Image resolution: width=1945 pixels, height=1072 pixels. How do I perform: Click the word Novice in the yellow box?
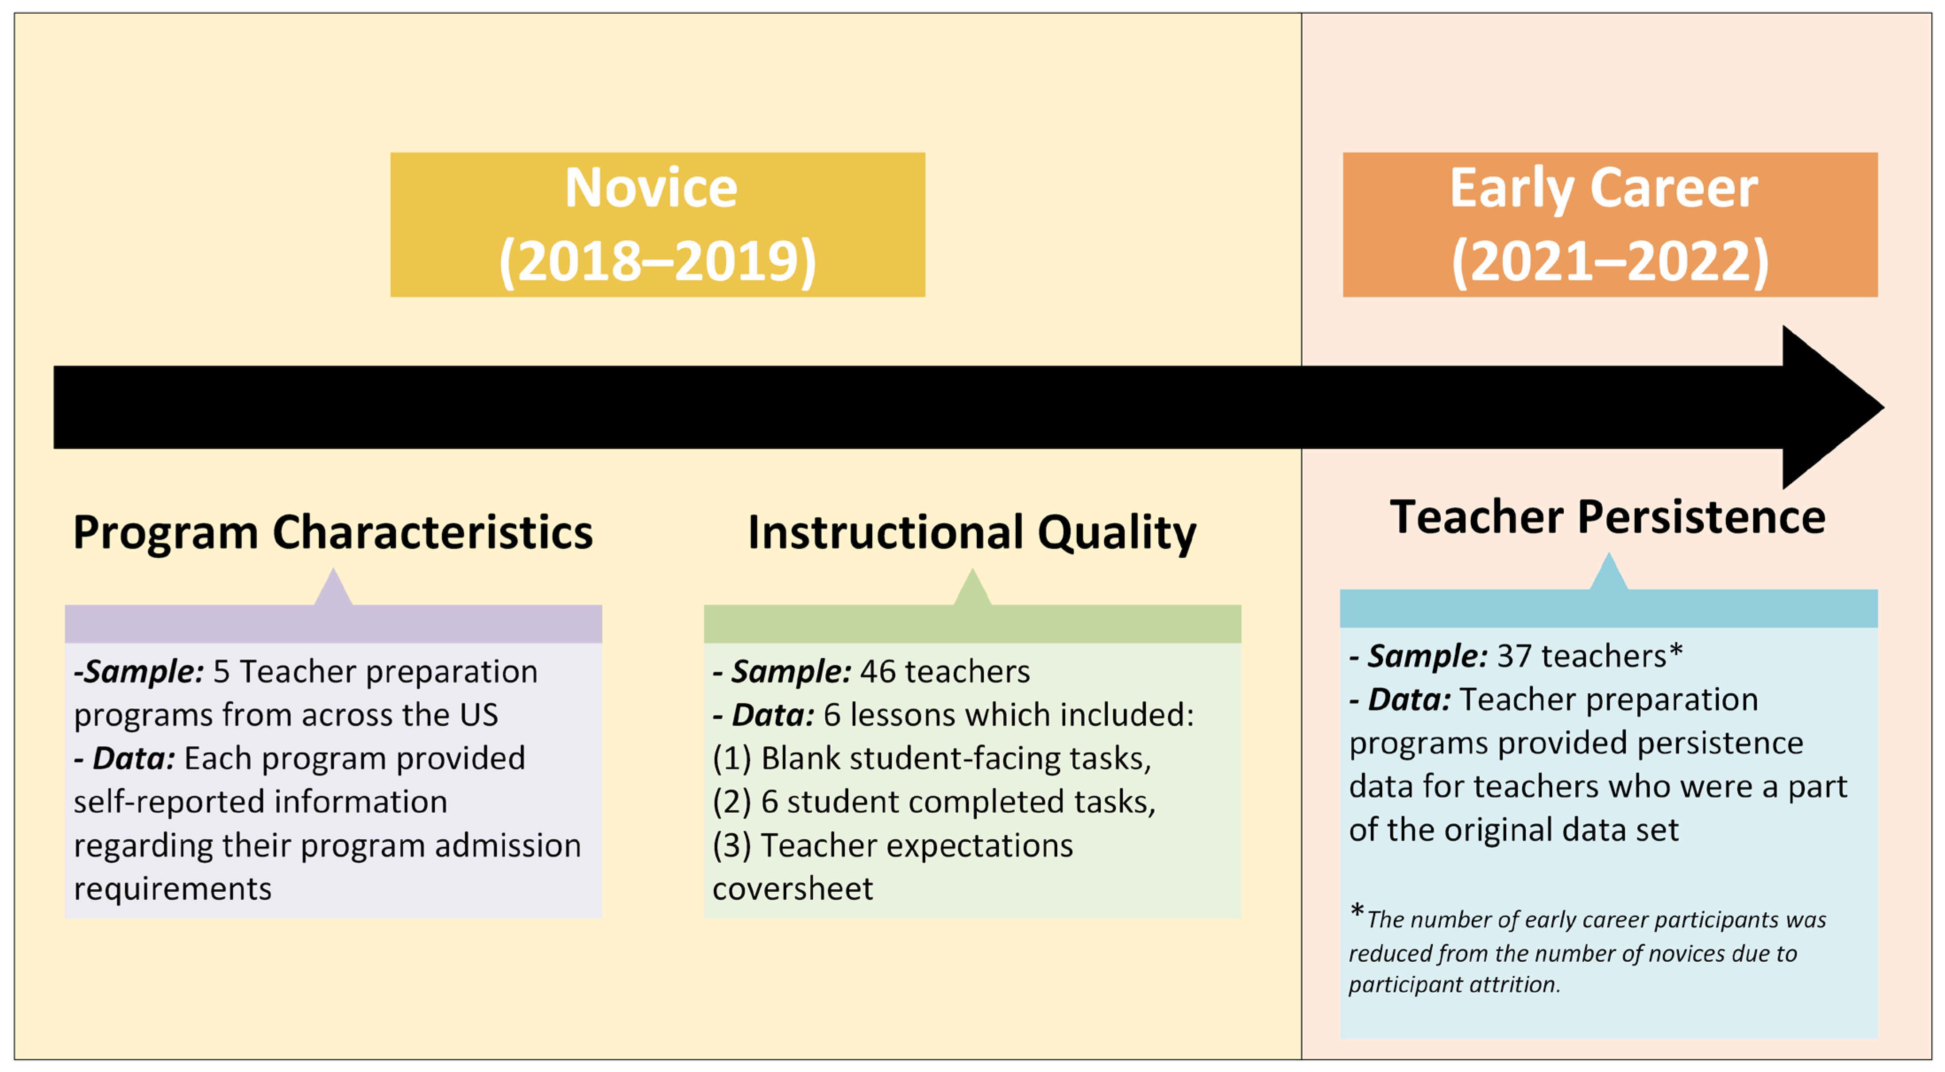click(x=651, y=188)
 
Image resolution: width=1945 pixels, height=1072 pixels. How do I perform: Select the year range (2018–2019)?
click(x=657, y=261)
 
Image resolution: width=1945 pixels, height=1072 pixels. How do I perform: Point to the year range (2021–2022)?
click(x=1610, y=261)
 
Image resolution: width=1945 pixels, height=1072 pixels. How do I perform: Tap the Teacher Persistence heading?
click(x=1608, y=518)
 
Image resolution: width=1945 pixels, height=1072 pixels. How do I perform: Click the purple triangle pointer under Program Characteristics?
click(x=333, y=589)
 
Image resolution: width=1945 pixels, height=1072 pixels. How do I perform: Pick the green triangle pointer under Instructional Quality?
click(x=972, y=589)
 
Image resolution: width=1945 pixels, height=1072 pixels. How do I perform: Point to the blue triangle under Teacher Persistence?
click(x=1608, y=573)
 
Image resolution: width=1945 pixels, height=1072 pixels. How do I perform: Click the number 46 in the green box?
click(x=878, y=671)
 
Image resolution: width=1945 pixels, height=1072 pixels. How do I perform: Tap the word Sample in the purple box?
click(x=143, y=671)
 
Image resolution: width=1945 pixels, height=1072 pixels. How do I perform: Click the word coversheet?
click(x=792, y=889)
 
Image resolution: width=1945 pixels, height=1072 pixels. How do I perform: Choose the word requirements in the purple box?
click(x=172, y=889)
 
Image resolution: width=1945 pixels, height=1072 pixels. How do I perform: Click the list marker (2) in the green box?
click(x=731, y=802)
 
